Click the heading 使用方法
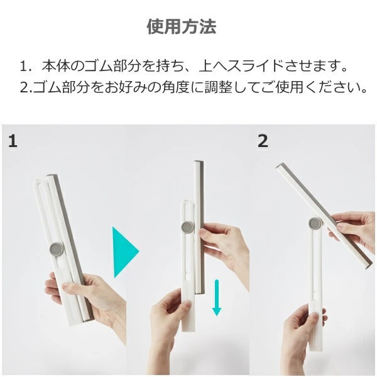click(x=182, y=26)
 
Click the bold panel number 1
click(x=13, y=141)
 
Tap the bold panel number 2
click(x=263, y=141)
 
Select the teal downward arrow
click(x=217, y=298)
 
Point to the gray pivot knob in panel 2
click(x=313, y=222)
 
